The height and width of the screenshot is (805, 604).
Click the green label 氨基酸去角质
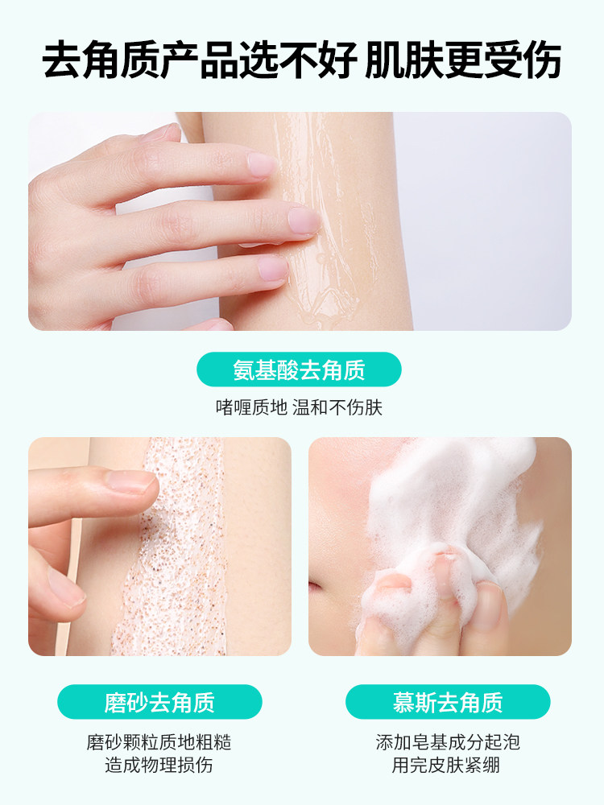coord(299,369)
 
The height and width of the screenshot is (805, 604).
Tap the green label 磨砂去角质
coord(159,701)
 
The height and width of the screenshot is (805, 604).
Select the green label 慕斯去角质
coord(448,701)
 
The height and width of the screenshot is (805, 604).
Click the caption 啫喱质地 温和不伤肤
coord(299,407)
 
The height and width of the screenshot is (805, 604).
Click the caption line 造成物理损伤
coord(159,765)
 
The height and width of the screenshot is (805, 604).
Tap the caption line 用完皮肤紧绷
coord(448,765)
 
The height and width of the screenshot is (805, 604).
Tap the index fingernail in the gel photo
coord(262,165)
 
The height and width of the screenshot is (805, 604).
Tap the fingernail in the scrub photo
coord(133,481)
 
